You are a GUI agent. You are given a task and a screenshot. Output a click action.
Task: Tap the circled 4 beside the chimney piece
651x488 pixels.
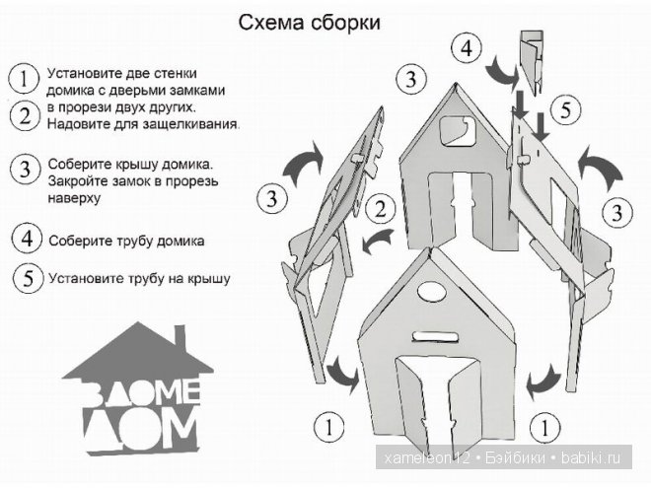point(467,46)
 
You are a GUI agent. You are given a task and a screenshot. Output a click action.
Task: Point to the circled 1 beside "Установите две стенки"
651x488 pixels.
point(21,77)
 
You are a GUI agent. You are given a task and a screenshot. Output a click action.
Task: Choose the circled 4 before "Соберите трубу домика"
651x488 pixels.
point(27,239)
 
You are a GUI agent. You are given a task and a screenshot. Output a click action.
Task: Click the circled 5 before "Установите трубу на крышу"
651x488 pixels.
point(27,278)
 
